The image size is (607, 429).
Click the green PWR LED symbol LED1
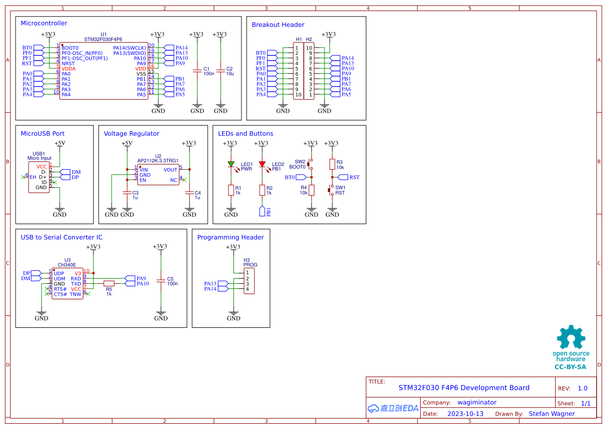231,164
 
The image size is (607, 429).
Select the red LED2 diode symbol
262,164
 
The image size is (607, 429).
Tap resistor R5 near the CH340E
109,283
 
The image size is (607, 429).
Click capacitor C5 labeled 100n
161,281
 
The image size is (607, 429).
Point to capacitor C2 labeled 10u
221,71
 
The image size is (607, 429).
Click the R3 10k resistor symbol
332,164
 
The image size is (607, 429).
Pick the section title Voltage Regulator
131,133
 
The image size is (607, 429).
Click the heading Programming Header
230,237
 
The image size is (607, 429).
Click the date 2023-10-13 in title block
465,414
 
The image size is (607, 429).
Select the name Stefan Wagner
551,414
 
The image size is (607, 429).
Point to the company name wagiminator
477,403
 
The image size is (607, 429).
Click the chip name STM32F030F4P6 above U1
103,39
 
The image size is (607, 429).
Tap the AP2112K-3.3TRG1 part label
158,161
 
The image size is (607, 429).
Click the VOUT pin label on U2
170,170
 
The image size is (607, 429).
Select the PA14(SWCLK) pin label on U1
129,48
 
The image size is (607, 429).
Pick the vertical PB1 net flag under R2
262,211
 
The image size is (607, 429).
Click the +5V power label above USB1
60,143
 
